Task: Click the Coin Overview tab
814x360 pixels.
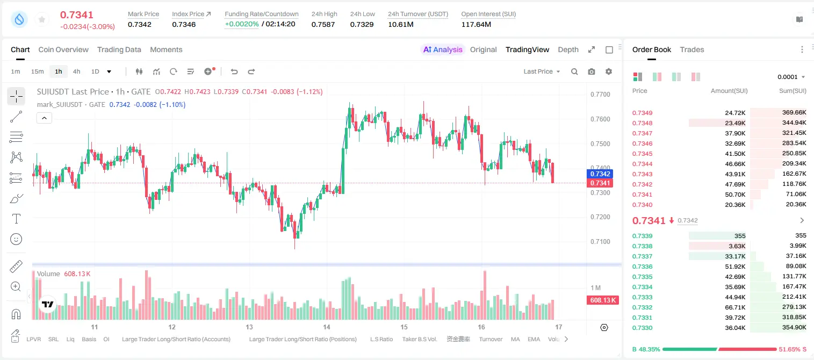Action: (x=63, y=49)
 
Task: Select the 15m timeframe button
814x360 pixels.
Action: (x=38, y=71)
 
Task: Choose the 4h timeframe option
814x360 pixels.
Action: (x=76, y=71)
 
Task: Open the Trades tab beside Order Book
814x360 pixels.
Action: (x=692, y=49)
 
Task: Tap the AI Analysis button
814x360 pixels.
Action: (x=443, y=49)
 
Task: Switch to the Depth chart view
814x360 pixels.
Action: (x=568, y=49)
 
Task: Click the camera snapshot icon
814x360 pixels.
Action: (x=592, y=71)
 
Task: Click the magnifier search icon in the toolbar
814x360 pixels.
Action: (x=574, y=71)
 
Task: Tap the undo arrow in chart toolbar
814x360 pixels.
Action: (x=234, y=71)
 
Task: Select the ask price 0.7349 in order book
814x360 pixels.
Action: (x=642, y=113)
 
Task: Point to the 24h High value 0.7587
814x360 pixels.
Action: (x=323, y=24)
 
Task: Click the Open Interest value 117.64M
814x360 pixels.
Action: (x=476, y=24)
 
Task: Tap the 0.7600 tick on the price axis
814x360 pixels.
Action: (x=600, y=119)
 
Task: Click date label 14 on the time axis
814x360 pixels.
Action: (x=327, y=327)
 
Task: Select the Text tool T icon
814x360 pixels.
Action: (x=16, y=219)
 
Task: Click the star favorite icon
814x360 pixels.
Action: (x=42, y=19)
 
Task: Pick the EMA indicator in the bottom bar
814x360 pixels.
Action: (x=534, y=339)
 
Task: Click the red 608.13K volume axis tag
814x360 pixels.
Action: (x=603, y=300)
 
